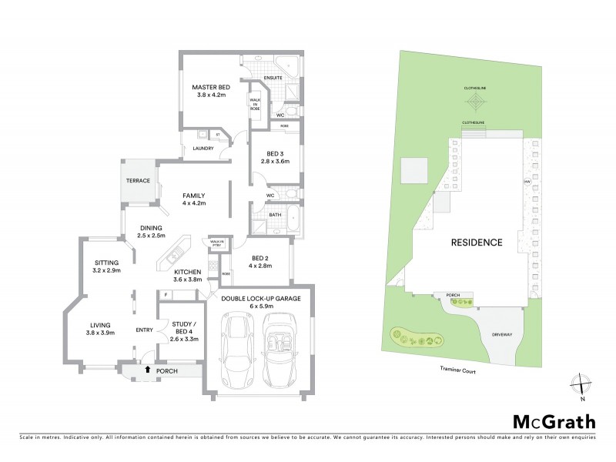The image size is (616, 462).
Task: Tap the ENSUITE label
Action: coord(272,79)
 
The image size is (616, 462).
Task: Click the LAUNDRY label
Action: coord(203,149)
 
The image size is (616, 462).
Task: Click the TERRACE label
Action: coord(138,180)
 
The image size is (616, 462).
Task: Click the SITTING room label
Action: coord(107,266)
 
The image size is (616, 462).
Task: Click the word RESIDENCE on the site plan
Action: coord(477,242)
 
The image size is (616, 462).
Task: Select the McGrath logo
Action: coord(554,421)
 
